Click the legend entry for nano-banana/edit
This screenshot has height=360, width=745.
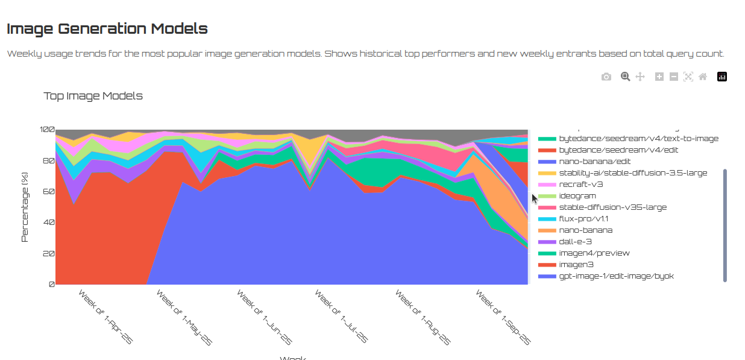click(x=596, y=162)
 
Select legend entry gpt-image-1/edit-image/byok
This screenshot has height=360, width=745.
click(x=616, y=276)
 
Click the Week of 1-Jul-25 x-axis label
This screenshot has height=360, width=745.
click(x=341, y=317)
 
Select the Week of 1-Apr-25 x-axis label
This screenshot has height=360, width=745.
click(x=105, y=317)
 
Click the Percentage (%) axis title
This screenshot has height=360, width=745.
click(x=25, y=206)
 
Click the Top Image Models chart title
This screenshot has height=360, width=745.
click(x=93, y=96)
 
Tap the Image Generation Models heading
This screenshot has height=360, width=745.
click(x=107, y=28)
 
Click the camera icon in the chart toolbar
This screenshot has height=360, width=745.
click(x=606, y=77)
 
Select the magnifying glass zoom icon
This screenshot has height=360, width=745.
click(x=626, y=77)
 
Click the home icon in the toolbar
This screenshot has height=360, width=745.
click(x=703, y=77)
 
